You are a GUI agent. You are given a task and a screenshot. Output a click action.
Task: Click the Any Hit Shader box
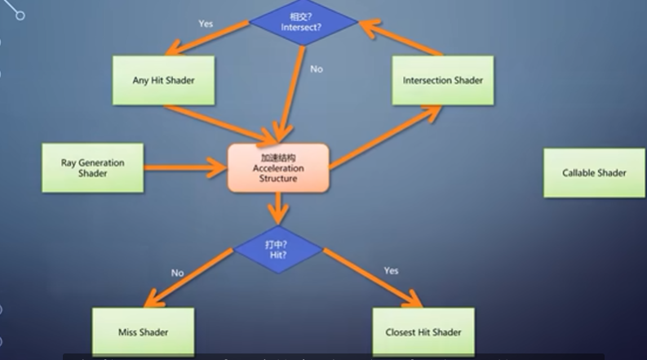pyautogui.click(x=162, y=80)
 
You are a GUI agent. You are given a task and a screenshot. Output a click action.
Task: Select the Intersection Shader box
pyautogui.click(x=442, y=80)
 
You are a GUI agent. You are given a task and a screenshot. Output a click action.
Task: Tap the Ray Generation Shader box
pyautogui.click(x=92, y=168)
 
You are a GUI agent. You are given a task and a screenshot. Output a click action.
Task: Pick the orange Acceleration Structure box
pyautogui.click(x=278, y=168)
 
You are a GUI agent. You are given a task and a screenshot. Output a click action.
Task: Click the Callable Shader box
pyautogui.click(x=594, y=172)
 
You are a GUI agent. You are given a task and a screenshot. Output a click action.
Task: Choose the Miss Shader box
pyautogui.click(x=143, y=331)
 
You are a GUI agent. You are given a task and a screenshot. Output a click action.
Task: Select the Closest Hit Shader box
pyautogui.click(x=423, y=331)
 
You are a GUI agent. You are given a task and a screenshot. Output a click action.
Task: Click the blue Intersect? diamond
pyautogui.click(x=304, y=20)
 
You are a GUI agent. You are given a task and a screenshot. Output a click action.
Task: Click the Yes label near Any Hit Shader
pyautogui.click(x=206, y=24)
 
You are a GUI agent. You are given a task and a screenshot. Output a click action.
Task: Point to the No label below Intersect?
pyautogui.click(x=317, y=69)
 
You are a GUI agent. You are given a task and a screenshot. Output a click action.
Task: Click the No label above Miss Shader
pyautogui.click(x=177, y=273)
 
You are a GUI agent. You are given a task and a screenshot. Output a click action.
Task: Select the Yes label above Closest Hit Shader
pyautogui.click(x=391, y=270)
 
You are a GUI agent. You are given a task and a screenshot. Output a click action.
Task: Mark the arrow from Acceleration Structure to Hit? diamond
pyautogui.click(x=278, y=208)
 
